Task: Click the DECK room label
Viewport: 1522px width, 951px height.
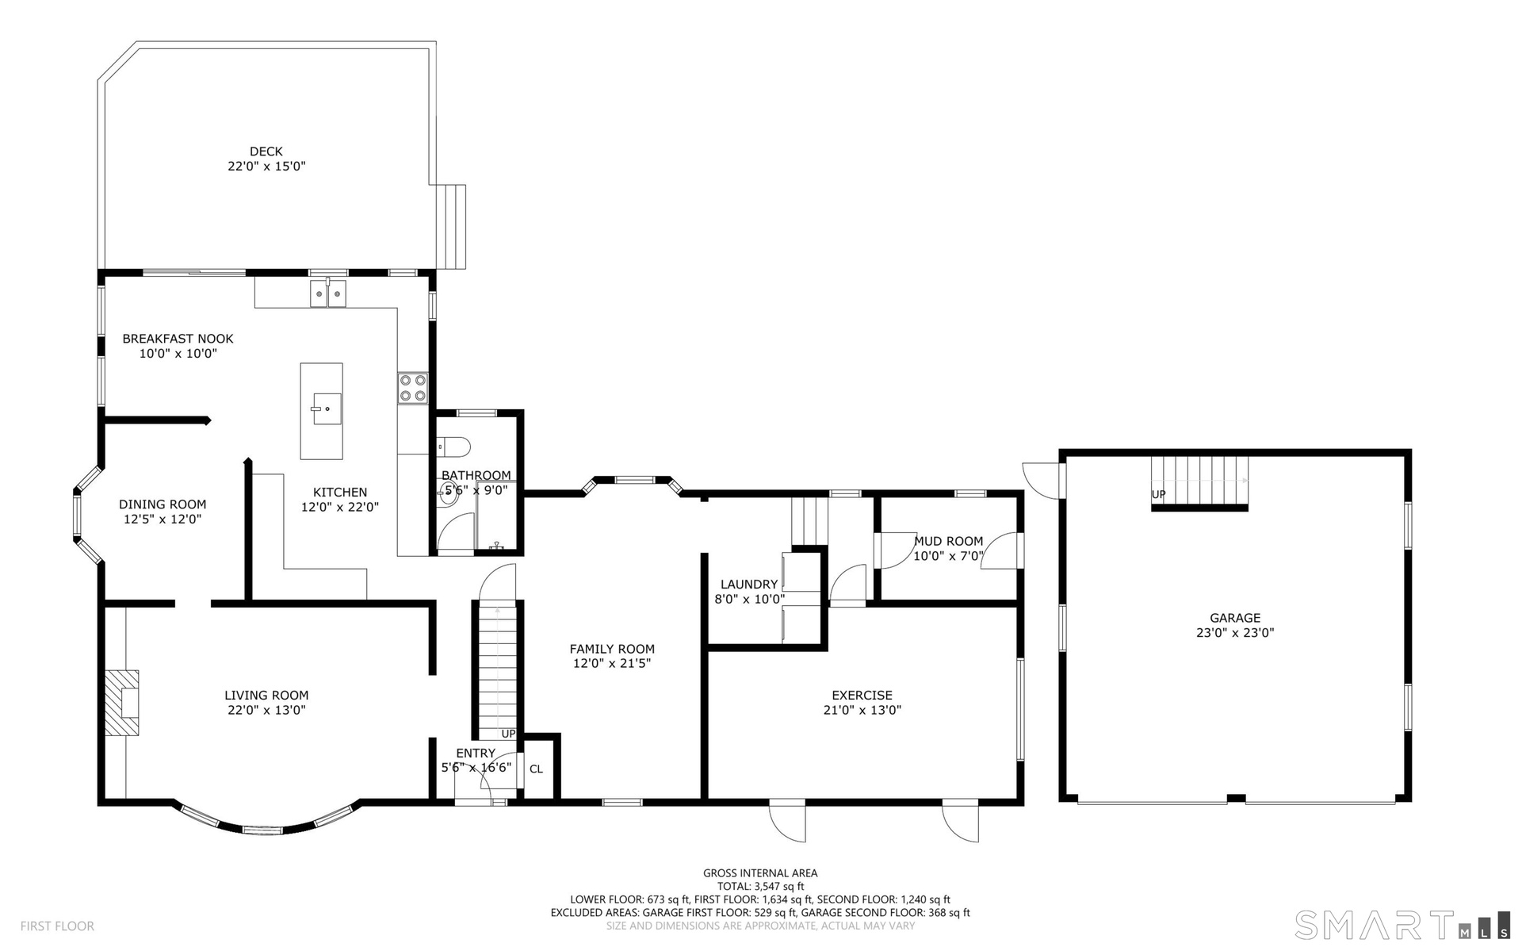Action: pyautogui.click(x=266, y=151)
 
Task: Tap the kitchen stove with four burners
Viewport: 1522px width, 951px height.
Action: pyautogui.click(x=412, y=389)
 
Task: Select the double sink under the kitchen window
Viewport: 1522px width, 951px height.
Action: pyautogui.click(x=328, y=293)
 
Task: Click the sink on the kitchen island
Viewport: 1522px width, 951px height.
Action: pyautogui.click(x=326, y=408)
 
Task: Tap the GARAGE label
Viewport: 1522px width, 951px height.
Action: pyautogui.click(x=1235, y=618)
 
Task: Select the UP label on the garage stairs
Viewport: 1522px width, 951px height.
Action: pyautogui.click(x=1158, y=494)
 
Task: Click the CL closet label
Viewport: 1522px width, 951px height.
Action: pyautogui.click(x=536, y=769)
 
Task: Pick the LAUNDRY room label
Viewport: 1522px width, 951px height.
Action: pyautogui.click(x=749, y=585)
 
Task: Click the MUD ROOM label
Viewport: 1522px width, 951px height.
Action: pyautogui.click(x=948, y=541)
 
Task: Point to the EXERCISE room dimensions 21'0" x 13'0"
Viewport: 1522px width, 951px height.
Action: pyautogui.click(x=862, y=710)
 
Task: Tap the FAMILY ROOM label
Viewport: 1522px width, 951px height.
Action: pyautogui.click(x=612, y=649)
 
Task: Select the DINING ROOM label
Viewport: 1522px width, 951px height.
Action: pyautogui.click(x=163, y=504)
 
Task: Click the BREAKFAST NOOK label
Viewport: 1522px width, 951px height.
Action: pyautogui.click(x=178, y=339)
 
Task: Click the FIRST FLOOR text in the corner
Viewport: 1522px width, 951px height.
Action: pyautogui.click(x=57, y=926)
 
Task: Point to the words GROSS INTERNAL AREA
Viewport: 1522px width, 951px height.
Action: pyautogui.click(x=760, y=873)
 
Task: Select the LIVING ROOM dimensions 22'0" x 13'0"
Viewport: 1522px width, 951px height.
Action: pyautogui.click(x=266, y=710)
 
